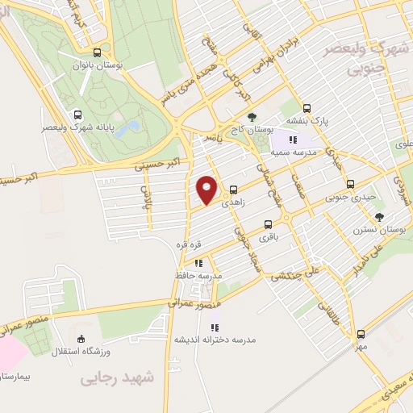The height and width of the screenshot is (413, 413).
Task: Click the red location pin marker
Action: [x=207, y=190]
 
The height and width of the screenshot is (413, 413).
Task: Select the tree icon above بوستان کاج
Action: [x=252, y=116]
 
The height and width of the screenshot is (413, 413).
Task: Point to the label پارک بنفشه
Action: [x=309, y=122]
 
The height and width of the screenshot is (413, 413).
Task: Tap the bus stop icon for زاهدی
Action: [x=234, y=189]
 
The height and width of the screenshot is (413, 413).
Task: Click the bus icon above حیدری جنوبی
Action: [x=340, y=182]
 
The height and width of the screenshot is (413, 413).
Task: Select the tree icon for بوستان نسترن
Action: [x=379, y=216]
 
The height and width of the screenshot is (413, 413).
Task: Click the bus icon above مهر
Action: [x=360, y=333]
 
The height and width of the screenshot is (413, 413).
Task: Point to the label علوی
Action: [x=402, y=144]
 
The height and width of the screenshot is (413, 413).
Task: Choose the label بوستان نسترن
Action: [x=370, y=230]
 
